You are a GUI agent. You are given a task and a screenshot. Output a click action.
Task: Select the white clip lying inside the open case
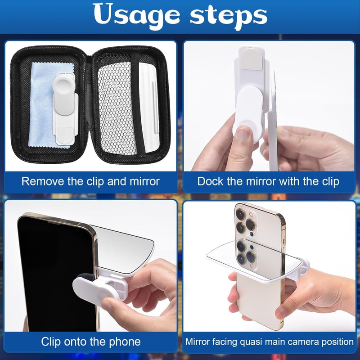[65, 109]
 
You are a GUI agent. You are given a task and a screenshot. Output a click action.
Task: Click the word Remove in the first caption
[43, 181]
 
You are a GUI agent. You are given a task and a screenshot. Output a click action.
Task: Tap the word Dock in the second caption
[210, 181]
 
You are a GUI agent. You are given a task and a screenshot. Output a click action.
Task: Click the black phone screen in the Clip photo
[56, 273]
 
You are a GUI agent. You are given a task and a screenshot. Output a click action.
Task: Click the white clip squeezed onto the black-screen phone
[101, 286]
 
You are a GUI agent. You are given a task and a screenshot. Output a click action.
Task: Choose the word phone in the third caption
[125, 342]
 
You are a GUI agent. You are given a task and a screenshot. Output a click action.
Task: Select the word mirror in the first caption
[144, 181]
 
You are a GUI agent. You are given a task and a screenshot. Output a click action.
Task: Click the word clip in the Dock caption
[331, 181]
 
